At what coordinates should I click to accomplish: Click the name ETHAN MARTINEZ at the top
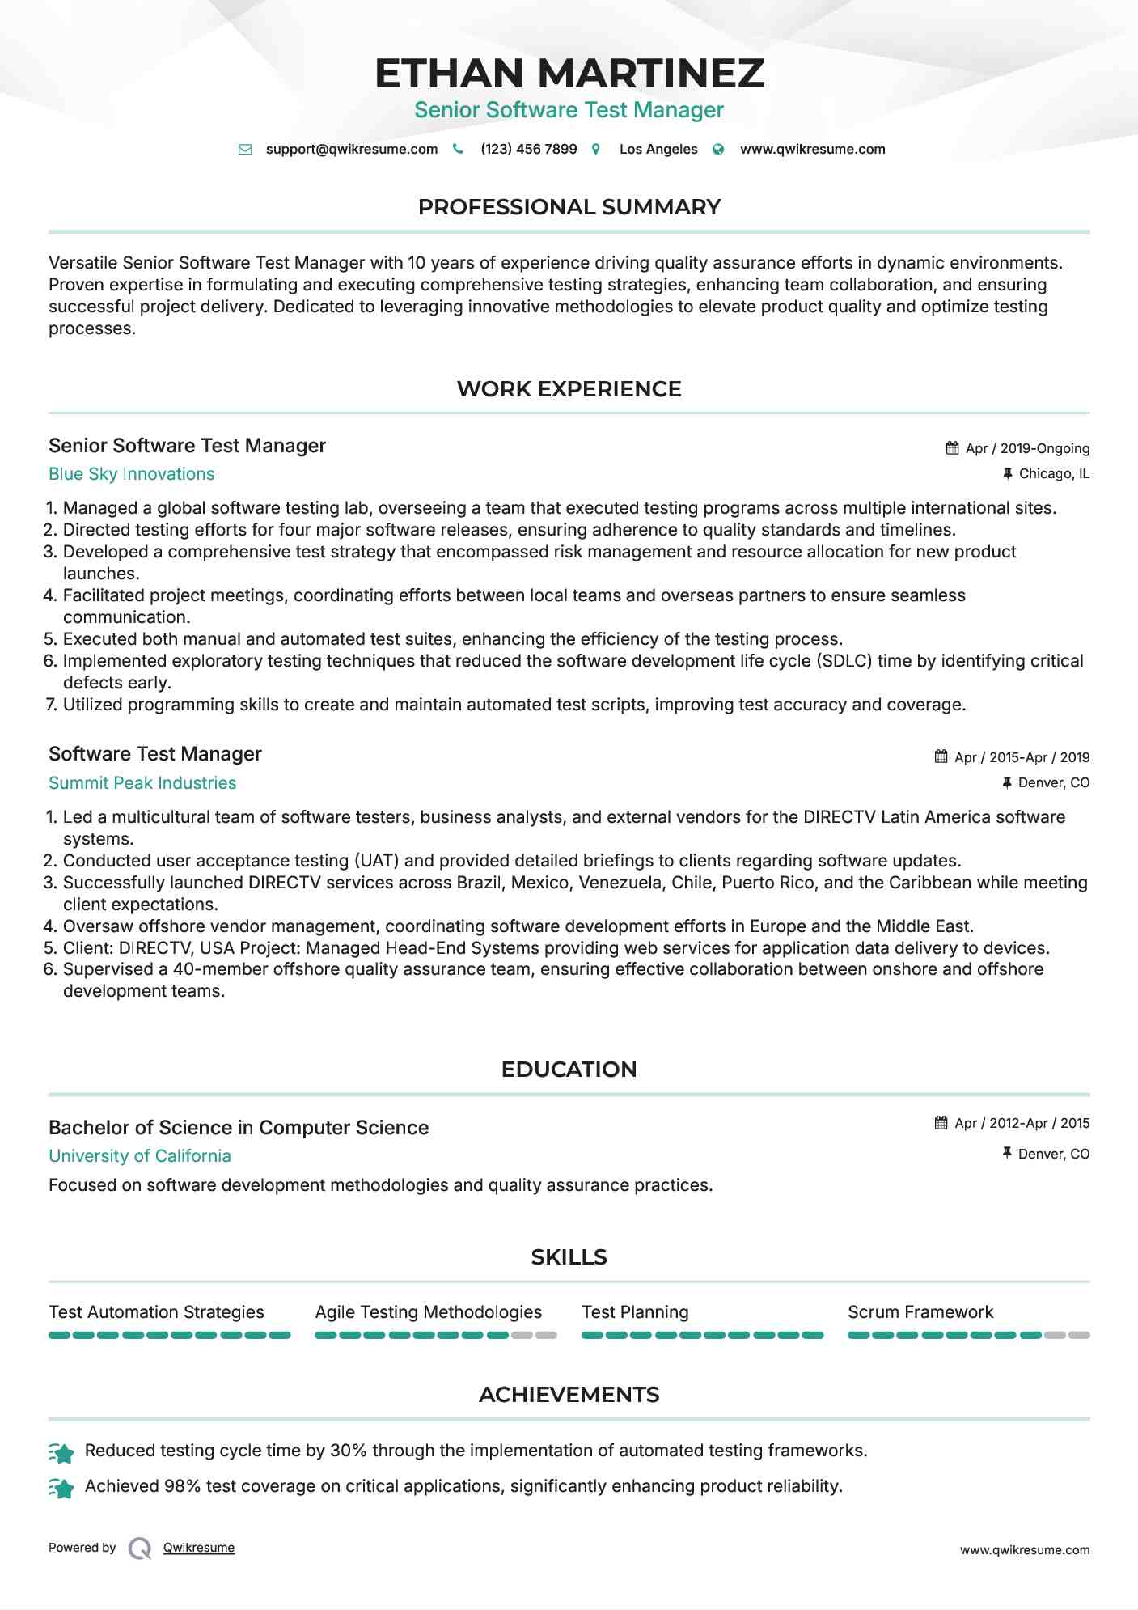(569, 74)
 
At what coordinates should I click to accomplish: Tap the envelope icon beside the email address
(245, 150)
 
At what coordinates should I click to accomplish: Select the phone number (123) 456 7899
(528, 150)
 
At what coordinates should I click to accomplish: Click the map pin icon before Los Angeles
(596, 150)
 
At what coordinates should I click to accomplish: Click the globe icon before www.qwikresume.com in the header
(718, 150)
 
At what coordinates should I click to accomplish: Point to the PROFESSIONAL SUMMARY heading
(569, 207)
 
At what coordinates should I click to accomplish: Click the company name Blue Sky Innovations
(131, 474)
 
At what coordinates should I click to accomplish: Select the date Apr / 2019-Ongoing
(1027, 448)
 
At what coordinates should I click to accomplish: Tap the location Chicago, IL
(1053, 474)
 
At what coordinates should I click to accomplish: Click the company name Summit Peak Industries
(142, 783)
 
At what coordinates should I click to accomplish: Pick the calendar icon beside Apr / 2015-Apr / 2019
(941, 756)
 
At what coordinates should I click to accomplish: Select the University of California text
(140, 1156)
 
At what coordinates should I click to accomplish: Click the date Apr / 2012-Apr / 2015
(1022, 1123)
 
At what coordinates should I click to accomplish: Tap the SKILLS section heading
(569, 1257)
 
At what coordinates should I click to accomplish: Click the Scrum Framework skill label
(920, 1312)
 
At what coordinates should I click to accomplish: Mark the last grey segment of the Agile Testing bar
(547, 1335)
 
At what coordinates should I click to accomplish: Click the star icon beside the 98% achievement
(61, 1488)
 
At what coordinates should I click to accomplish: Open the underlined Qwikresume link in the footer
(199, 1548)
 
